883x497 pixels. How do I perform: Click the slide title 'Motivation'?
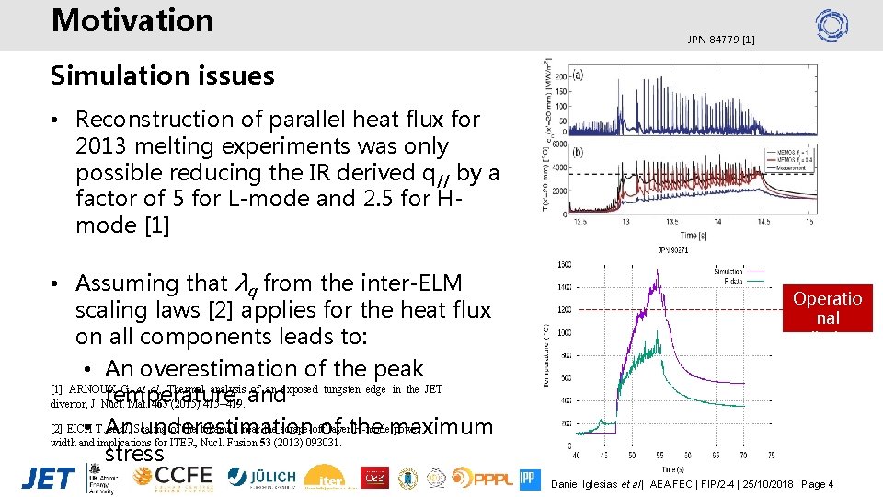tap(132, 21)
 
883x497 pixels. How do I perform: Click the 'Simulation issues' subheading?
tap(162, 75)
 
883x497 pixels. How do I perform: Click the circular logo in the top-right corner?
tap(831, 25)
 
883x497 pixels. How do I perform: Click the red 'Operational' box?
tap(827, 308)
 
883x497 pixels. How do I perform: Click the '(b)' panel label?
tap(577, 152)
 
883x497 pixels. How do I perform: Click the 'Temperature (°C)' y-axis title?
tap(546, 353)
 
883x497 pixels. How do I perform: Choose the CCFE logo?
tap(173, 477)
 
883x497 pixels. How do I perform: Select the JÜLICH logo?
tap(261, 477)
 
